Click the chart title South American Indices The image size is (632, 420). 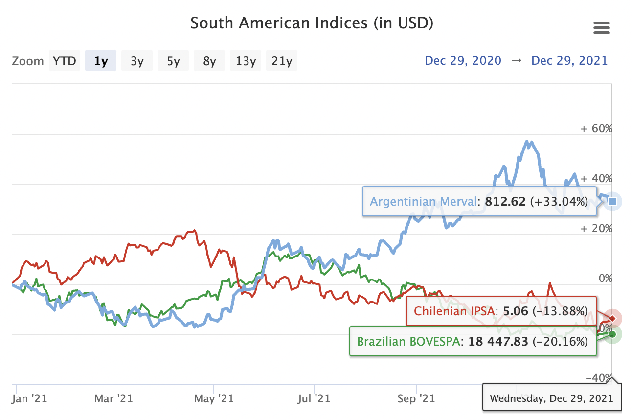pos(312,23)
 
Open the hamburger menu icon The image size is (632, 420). pos(601,28)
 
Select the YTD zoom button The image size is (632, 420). pos(65,61)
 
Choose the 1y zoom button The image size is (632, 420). pos(101,61)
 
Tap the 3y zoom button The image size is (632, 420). pos(137,61)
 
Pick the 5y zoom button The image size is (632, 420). pos(173,61)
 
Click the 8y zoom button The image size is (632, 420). pos(209,61)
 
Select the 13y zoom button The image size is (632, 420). pos(246,61)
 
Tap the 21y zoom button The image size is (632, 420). pos(282,61)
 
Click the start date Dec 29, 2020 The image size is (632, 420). pos(463,61)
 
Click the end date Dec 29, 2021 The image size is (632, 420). pos(569,61)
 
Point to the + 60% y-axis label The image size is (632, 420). pos(596,129)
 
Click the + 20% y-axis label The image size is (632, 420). pos(596,229)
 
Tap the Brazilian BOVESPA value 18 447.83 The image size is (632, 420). pos(498,341)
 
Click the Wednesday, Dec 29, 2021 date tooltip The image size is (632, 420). pos(551,398)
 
